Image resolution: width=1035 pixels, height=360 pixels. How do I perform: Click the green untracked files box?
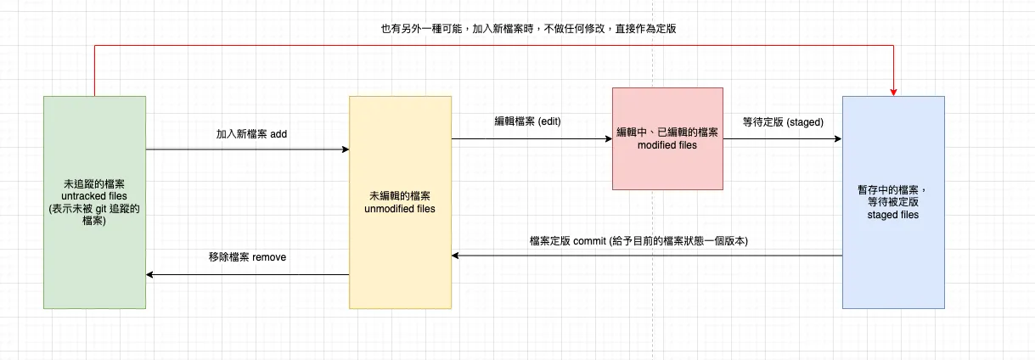pos(94,255)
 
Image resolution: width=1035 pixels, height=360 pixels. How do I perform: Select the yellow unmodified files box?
pos(400,255)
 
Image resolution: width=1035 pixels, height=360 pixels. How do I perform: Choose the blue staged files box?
pos(893,263)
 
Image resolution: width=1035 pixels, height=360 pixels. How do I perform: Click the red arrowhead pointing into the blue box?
pos(893,91)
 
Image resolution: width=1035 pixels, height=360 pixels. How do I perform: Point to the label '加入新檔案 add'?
pos(252,134)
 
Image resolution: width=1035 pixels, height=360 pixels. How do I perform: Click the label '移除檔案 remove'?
pos(247,256)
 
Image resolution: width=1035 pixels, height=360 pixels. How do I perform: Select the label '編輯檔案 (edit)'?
pos(528,121)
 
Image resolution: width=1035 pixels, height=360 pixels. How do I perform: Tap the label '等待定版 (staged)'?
pos(783,122)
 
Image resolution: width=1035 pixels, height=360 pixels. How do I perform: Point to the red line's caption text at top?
pos(528,28)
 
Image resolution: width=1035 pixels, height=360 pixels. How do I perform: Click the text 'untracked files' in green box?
pos(94,195)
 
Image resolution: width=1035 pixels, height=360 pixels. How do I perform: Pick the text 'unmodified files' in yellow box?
pos(400,208)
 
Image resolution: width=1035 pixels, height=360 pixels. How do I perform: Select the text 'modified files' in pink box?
pos(667,146)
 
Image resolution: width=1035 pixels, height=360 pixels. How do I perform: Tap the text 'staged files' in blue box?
pos(893,216)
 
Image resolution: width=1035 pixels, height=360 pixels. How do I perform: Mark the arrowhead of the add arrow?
pos(345,149)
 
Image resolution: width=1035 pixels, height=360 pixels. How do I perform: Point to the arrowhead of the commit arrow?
pos(456,256)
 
